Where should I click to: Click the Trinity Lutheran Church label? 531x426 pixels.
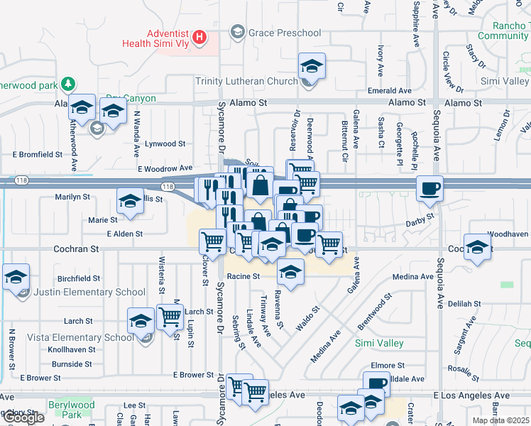(248, 82)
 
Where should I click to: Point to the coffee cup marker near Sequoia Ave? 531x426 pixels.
(430, 189)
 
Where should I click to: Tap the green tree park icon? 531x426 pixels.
(68, 84)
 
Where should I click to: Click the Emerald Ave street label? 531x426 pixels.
(390, 91)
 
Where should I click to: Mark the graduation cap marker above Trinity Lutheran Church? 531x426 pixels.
(311, 67)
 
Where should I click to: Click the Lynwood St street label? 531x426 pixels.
(165, 143)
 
